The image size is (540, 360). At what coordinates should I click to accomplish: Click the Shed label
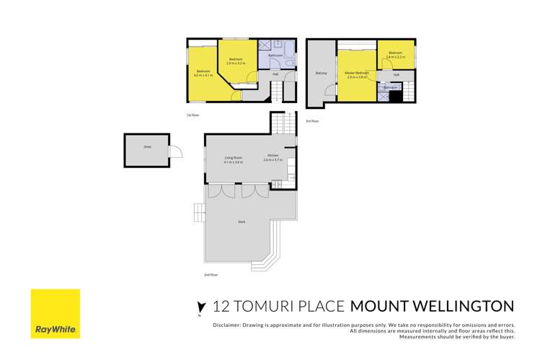pos(147,146)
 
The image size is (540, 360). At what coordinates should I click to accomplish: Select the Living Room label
pos(233,157)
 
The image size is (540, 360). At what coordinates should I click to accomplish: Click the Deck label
pos(242,221)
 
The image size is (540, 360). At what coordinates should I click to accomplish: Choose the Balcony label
pos(322,73)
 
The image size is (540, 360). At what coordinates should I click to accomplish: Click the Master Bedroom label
pos(356,73)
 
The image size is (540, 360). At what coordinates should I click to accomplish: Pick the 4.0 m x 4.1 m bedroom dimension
pos(203,75)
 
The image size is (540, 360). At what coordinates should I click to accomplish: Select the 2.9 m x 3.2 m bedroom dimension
pos(236,63)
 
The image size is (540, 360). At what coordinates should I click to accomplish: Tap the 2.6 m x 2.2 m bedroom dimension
pos(395,57)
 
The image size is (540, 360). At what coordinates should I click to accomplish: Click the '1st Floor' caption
pos(192,115)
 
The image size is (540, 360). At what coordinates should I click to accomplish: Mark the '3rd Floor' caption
pos(312,121)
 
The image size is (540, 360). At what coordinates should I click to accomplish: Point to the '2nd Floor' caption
pos(211,275)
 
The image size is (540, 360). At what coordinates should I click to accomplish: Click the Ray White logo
pos(55,314)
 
